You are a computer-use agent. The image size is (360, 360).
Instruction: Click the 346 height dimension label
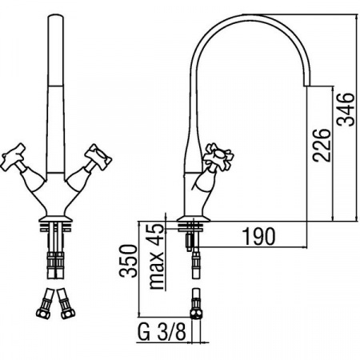(x=346, y=109)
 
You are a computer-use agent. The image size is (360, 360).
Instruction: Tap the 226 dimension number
(x=322, y=146)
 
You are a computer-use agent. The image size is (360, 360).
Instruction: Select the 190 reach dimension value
(x=259, y=236)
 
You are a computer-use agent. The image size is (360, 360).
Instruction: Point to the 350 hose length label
(x=128, y=261)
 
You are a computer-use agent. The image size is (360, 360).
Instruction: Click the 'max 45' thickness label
(x=156, y=257)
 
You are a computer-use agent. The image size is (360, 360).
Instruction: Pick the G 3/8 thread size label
(x=162, y=332)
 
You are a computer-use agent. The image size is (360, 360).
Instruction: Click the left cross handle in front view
(x=14, y=158)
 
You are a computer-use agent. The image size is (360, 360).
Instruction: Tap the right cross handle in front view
(x=98, y=157)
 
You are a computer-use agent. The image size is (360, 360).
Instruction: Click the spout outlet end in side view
(x=307, y=85)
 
